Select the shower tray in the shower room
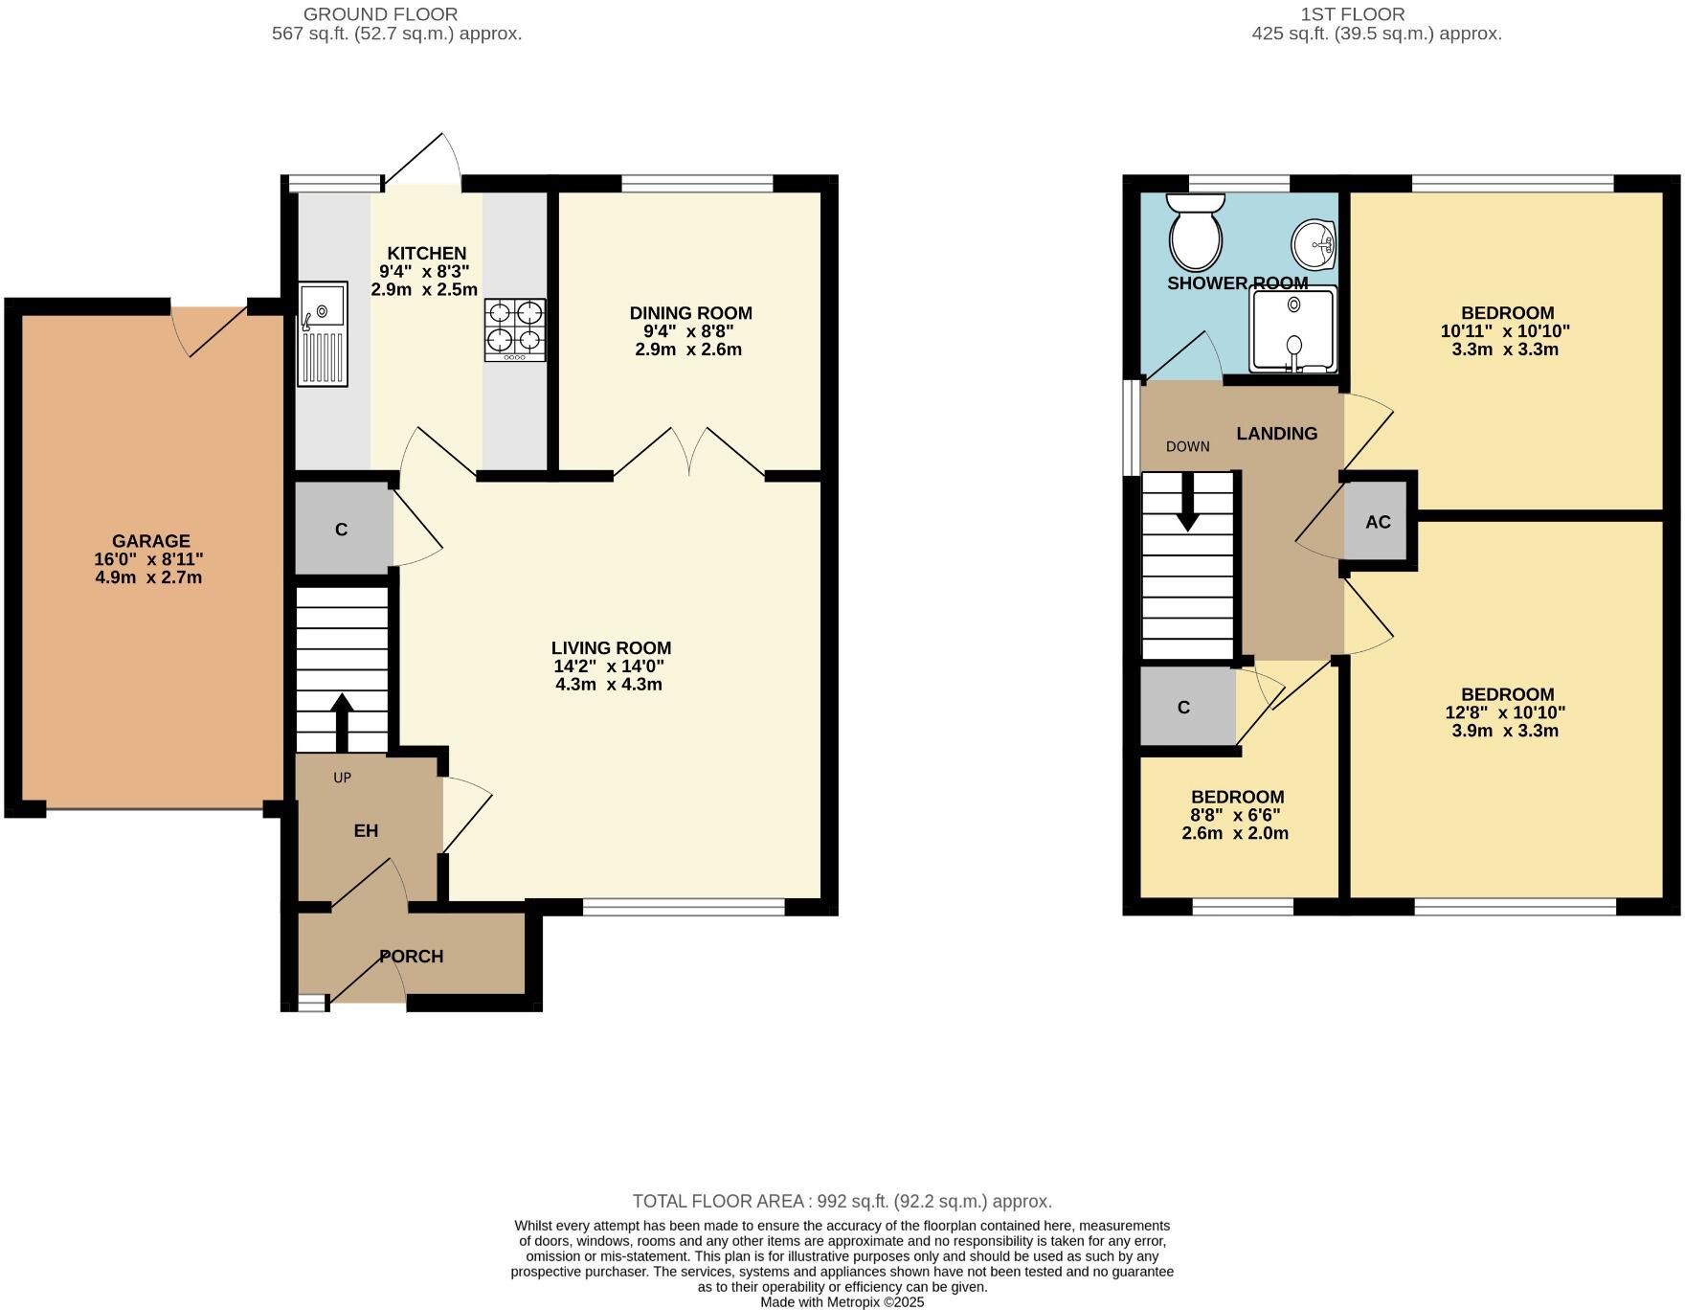(1292, 328)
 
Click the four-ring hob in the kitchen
(515, 328)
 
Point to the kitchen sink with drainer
(322, 333)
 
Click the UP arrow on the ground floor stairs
(341, 721)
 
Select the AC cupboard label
(1378, 522)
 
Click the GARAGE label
(151, 541)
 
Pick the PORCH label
(412, 956)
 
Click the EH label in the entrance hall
(366, 830)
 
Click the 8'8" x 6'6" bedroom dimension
(1235, 815)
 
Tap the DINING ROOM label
(690, 313)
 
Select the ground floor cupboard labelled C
(341, 530)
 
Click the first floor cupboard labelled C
(1183, 708)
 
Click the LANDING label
(1276, 434)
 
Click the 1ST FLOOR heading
(1353, 14)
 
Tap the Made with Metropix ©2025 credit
(842, 1302)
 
